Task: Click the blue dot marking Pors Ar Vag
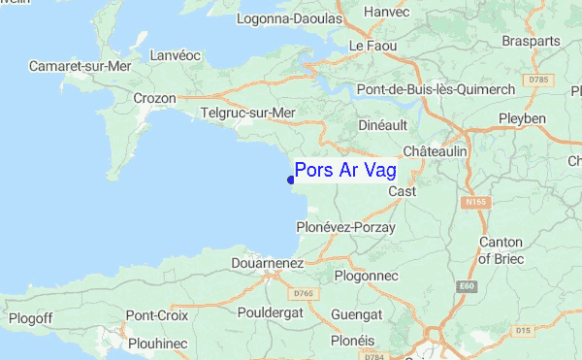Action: [x=291, y=179]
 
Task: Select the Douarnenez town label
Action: [x=269, y=262]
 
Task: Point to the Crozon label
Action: [x=154, y=98]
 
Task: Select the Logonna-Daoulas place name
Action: [x=296, y=17]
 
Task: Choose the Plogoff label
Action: [x=30, y=317]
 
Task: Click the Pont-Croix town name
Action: [x=155, y=315]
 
